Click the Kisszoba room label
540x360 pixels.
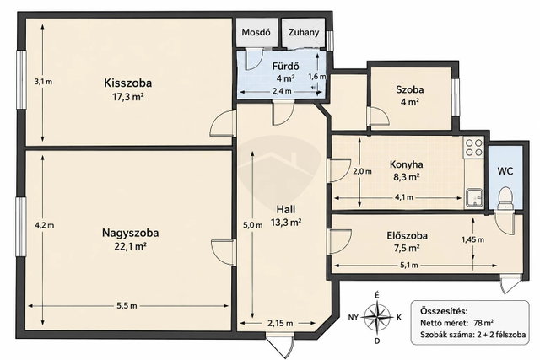[127, 83]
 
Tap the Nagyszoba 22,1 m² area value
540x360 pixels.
[130, 246]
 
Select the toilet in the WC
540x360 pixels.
[505, 198]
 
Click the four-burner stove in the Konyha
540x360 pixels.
[473, 148]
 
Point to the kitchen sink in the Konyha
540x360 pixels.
[474, 198]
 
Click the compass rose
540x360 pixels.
[377, 317]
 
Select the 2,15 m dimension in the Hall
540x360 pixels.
[280, 323]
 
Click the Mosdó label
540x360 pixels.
[256, 32]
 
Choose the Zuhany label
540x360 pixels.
[304, 32]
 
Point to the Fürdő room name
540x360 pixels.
[285, 66]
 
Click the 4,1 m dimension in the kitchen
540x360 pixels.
[403, 197]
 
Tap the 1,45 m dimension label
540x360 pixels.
[472, 239]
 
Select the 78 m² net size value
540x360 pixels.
[483, 323]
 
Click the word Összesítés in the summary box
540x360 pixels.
[444, 311]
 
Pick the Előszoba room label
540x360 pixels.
[407, 236]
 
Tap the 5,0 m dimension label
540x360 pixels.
[253, 225]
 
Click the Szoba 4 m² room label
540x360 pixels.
[409, 95]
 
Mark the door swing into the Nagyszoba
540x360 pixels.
[223, 252]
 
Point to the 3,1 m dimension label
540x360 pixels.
[43, 82]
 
